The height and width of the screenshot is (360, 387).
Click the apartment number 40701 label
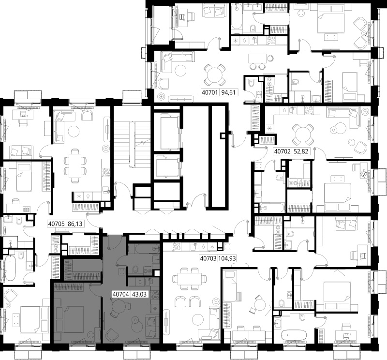click(x=210, y=92)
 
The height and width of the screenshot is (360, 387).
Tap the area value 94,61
click(x=229, y=92)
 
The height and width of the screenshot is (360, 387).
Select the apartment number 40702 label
click(x=283, y=151)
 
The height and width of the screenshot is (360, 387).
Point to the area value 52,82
click(x=301, y=151)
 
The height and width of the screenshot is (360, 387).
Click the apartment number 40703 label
click(x=208, y=258)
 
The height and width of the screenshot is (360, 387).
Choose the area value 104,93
click(x=227, y=258)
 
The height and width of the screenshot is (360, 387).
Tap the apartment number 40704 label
click(x=120, y=294)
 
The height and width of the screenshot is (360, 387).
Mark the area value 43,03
click(x=139, y=294)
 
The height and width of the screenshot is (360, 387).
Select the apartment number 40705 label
click(x=57, y=224)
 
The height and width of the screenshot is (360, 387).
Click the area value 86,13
click(x=75, y=224)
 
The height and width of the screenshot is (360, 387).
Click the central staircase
click(x=133, y=144)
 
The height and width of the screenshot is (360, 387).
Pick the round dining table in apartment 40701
click(x=214, y=75)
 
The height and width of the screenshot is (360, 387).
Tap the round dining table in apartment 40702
click(x=303, y=135)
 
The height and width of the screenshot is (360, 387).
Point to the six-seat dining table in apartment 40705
click(x=75, y=165)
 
